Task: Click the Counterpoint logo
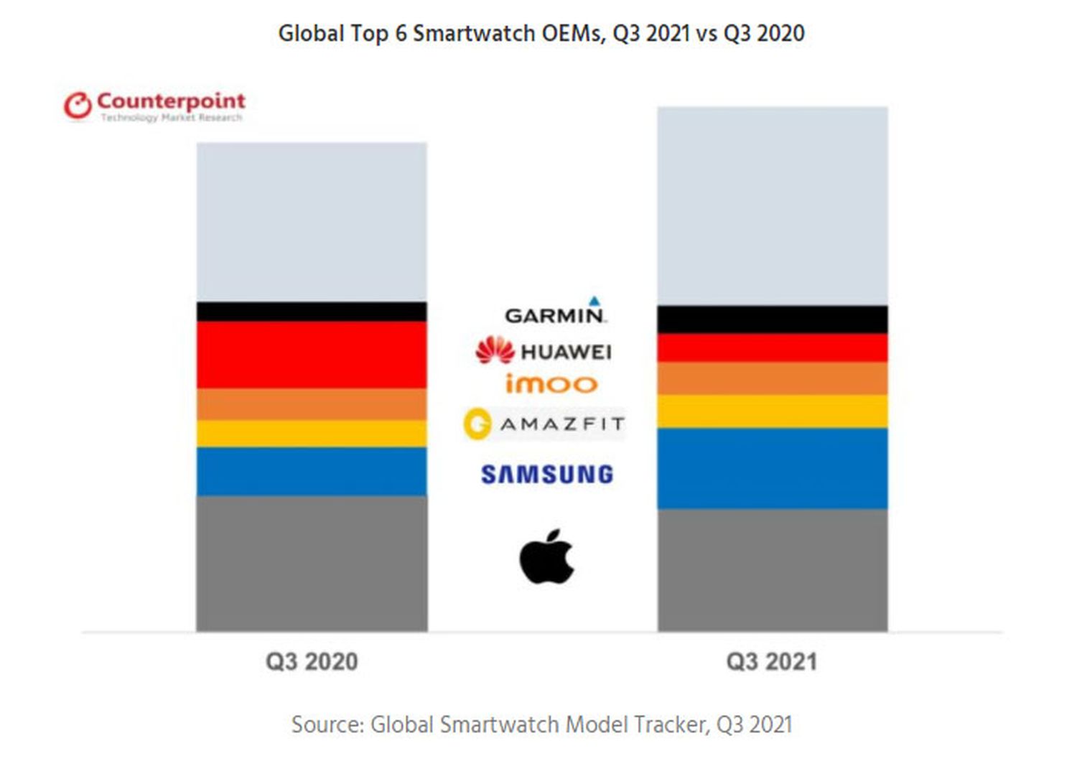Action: pos(154,106)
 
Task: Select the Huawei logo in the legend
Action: pos(544,350)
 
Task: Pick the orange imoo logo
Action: pos(551,384)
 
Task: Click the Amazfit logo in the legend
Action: pos(544,424)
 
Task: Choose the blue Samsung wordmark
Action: pos(547,474)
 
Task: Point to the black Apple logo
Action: pos(546,557)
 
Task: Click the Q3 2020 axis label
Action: pos(312,661)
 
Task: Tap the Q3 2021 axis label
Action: pos(772,661)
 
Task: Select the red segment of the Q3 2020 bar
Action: pos(312,355)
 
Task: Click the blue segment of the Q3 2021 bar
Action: pos(773,468)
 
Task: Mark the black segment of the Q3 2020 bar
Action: pos(312,312)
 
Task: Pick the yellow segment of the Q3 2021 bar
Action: pos(773,411)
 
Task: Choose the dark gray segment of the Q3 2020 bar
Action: pos(312,564)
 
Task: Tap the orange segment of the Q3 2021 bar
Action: pos(773,378)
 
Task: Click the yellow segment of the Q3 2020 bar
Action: pos(312,434)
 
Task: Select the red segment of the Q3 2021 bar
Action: pos(773,348)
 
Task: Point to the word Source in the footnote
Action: pos(327,724)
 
